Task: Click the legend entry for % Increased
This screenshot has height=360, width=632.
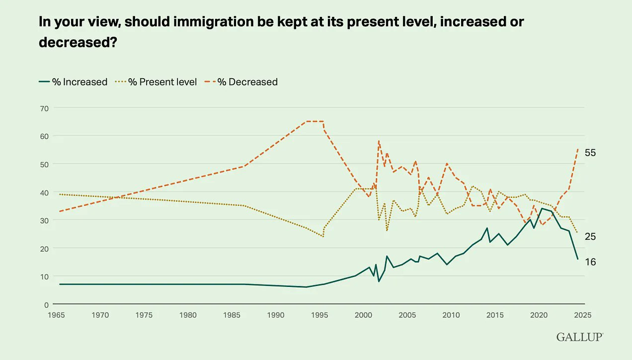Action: click(73, 82)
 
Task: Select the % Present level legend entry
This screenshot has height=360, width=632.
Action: click(156, 82)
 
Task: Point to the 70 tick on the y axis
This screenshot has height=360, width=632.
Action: click(44, 108)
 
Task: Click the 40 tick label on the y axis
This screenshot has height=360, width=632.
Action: click(44, 192)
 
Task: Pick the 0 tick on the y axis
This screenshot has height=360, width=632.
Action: click(46, 304)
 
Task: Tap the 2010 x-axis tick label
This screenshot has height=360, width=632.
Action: click(451, 314)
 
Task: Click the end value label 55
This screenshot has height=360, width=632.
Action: click(590, 153)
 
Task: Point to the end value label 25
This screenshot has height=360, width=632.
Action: click(590, 237)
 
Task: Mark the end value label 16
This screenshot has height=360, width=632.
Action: click(590, 262)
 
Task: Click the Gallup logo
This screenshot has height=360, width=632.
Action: click(580, 337)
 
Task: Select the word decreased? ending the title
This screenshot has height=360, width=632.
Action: click(78, 43)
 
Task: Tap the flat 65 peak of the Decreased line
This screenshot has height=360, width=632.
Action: click(315, 121)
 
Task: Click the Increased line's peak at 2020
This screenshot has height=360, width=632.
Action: click(542, 208)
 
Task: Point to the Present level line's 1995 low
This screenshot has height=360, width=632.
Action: click(323, 237)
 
